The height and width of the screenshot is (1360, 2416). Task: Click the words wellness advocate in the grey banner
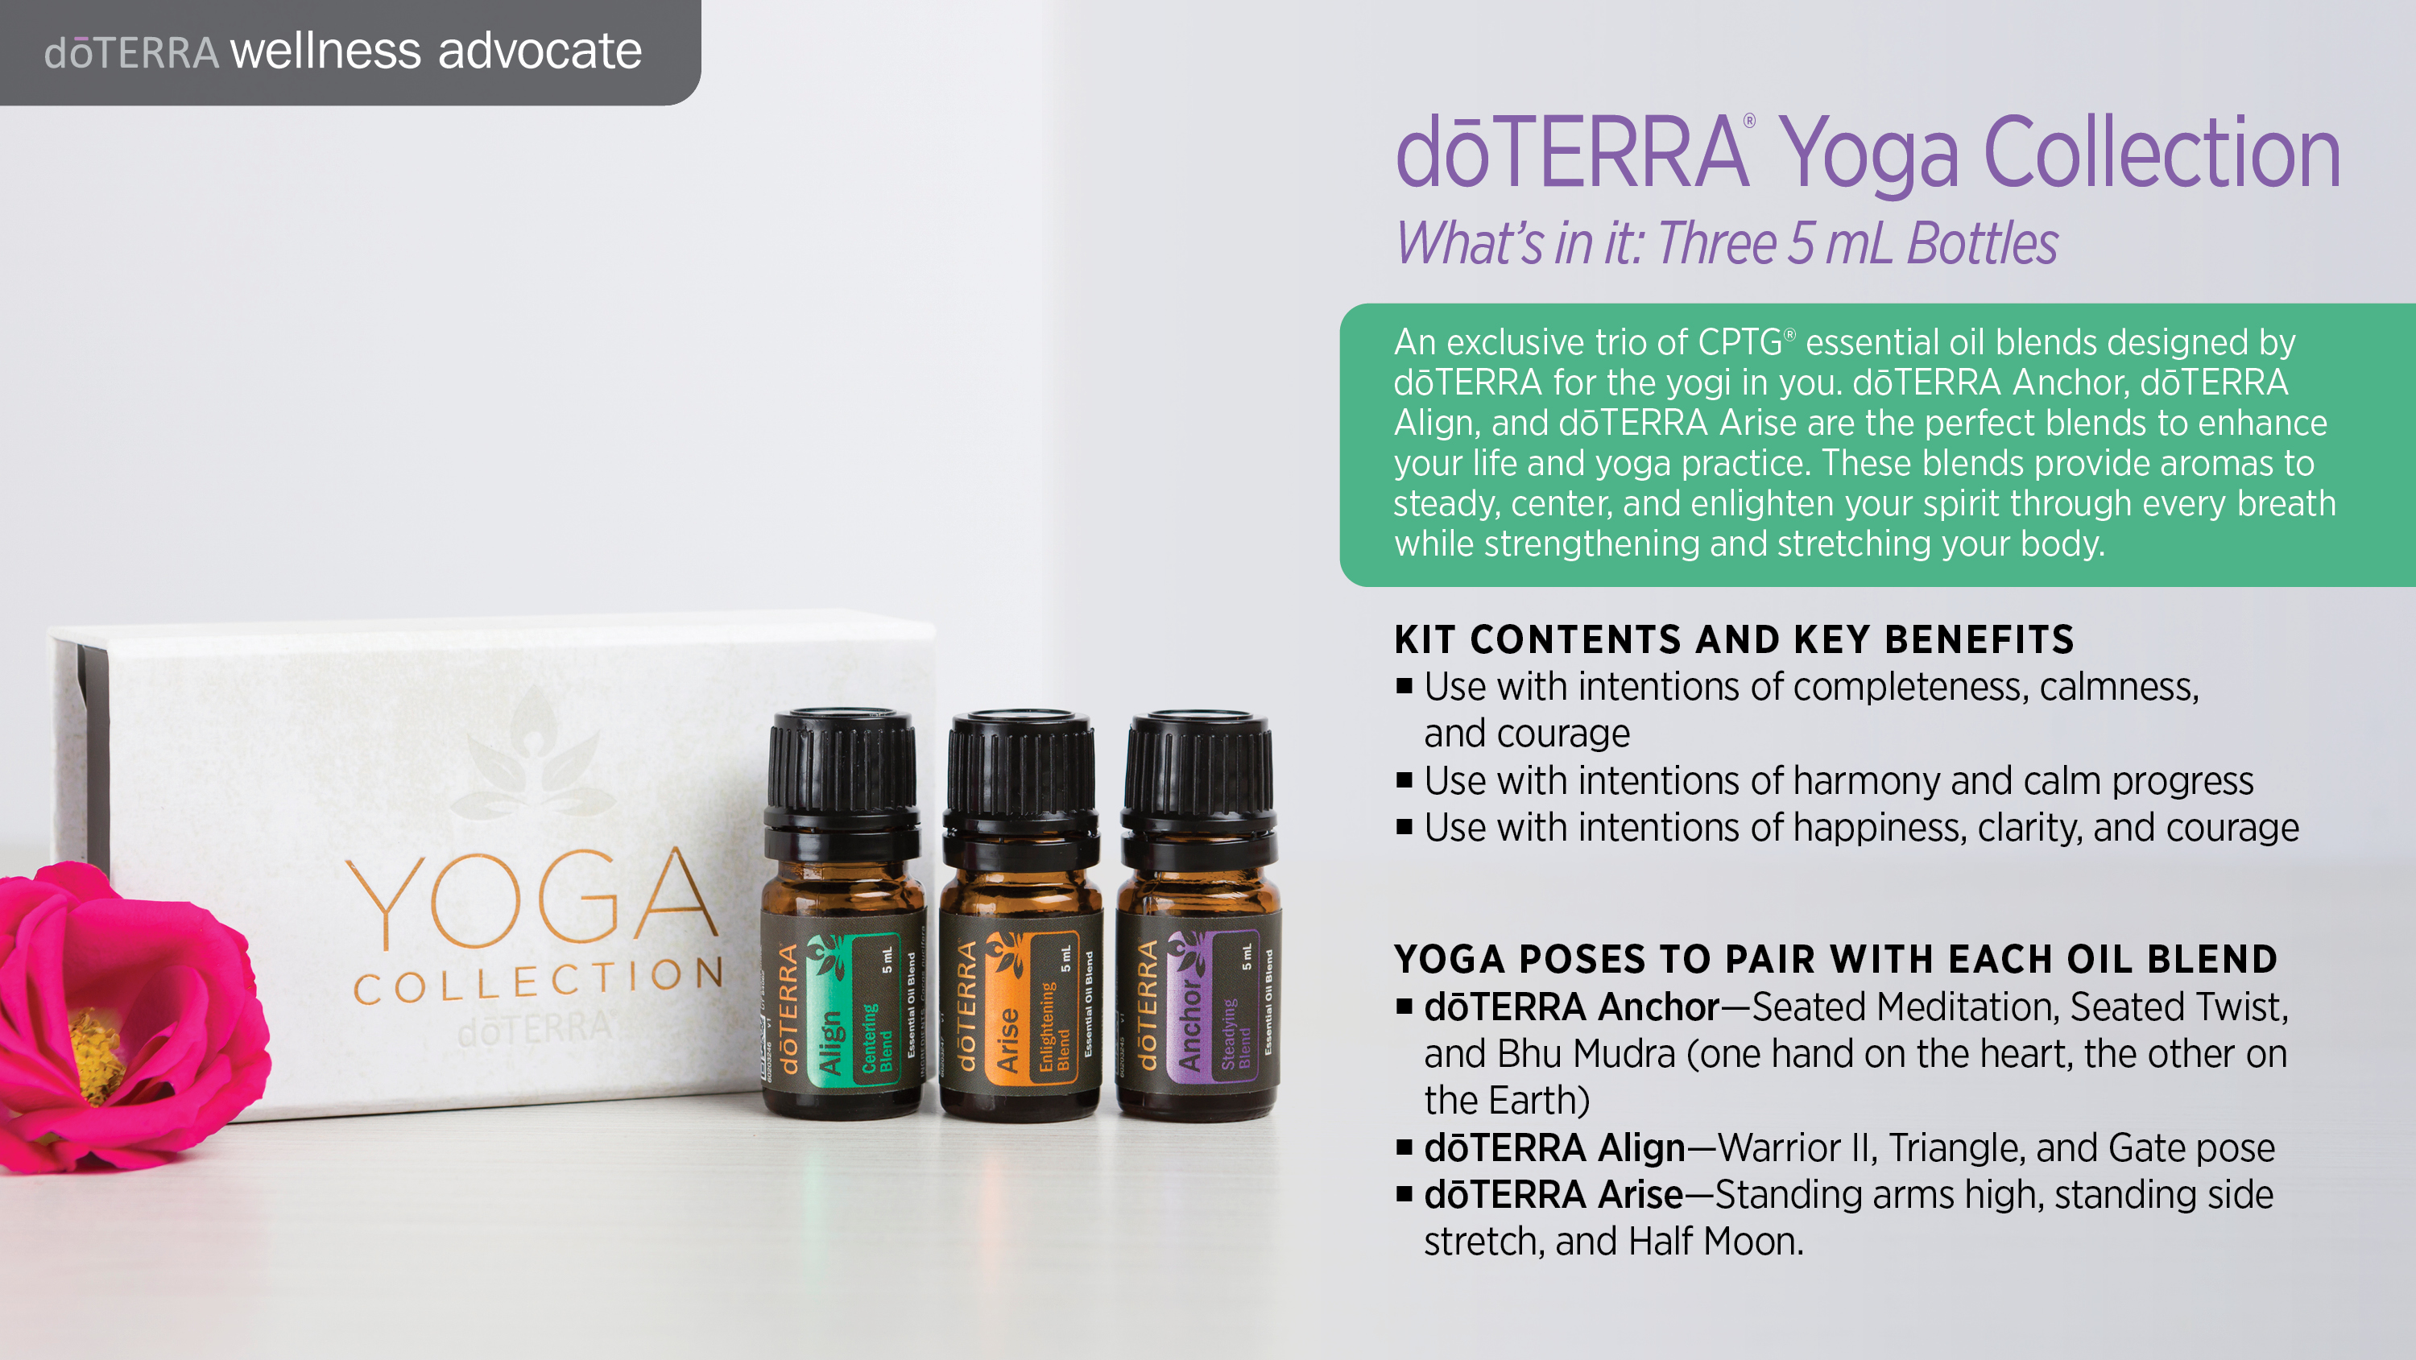click(x=436, y=51)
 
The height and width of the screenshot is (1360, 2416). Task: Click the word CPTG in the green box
click(x=1739, y=342)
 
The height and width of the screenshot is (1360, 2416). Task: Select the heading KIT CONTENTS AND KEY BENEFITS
click(x=1733, y=639)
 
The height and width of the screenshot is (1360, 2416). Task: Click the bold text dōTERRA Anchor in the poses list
click(x=1571, y=1007)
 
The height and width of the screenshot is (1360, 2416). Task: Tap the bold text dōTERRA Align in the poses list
click(x=1554, y=1148)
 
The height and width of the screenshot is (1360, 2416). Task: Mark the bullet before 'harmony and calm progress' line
click(x=1404, y=780)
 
